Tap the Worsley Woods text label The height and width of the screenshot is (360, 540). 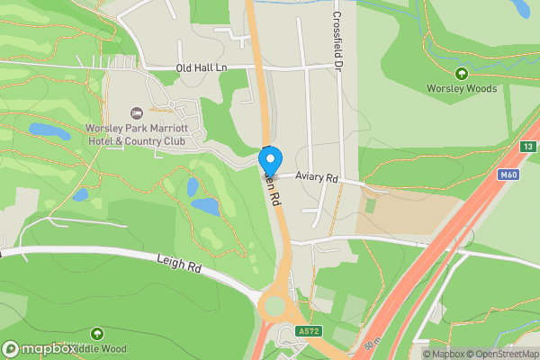[x=461, y=88]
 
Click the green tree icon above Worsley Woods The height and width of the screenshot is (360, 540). [x=461, y=74]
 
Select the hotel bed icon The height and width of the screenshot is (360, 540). [x=137, y=112]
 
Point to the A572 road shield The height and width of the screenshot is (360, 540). [x=310, y=331]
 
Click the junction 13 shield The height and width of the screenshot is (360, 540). [x=528, y=147]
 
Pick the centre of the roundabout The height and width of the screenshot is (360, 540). [x=274, y=308]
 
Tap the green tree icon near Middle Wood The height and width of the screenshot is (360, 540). [x=96, y=335]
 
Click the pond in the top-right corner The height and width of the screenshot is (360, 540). [x=520, y=8]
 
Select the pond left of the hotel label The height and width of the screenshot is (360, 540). [x=49, y=130]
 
